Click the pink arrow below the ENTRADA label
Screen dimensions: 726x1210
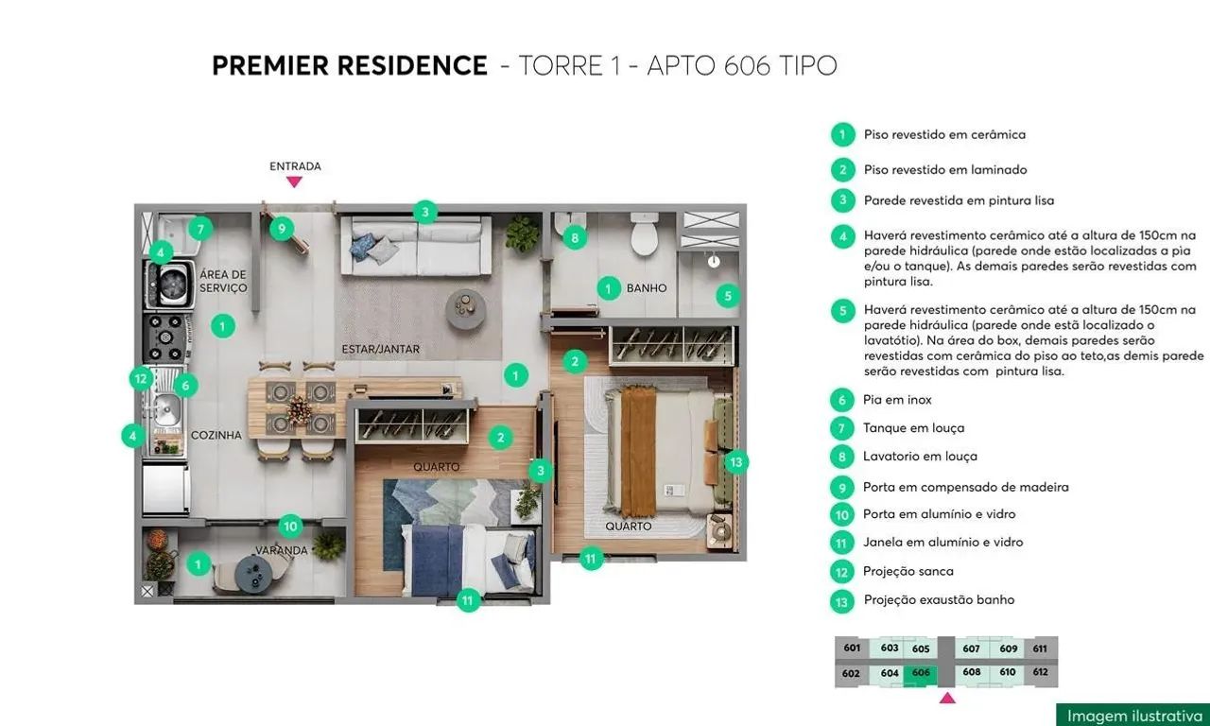click(294, 181)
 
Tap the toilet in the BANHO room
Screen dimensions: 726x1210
click(644, 235)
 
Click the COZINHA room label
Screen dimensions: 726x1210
click(216, 435)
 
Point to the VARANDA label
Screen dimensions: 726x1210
click(281, 550)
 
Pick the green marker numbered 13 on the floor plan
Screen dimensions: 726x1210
click(736, 462)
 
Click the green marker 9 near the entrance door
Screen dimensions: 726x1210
click(281, 228)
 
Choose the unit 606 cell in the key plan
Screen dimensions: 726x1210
click(921, 672)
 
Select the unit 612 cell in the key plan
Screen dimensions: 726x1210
click(1040, 672)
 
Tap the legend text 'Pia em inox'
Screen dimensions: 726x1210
click(897, 400)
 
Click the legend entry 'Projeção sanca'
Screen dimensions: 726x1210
click(907, 571)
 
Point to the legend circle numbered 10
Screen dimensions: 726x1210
click(841, 514)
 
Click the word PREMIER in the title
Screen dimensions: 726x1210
click(272, 66)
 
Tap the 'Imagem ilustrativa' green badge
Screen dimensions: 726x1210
click(1132, 715)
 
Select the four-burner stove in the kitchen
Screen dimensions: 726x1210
click(165, 333)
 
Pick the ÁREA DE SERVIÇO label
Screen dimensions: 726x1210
click(223, 281)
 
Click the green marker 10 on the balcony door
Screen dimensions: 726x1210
click(291, 527)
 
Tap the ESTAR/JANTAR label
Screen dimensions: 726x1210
click(380, 350)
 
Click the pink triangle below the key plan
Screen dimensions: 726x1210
click(947, 698)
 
